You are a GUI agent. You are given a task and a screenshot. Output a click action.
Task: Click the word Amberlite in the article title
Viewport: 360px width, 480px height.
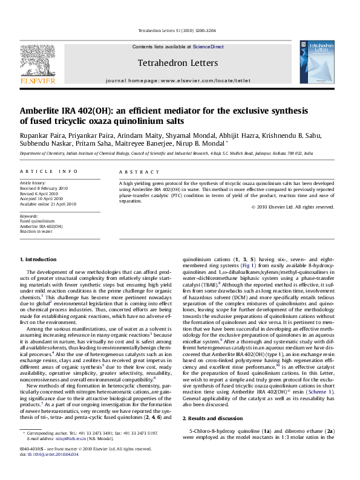pos(43,111)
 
